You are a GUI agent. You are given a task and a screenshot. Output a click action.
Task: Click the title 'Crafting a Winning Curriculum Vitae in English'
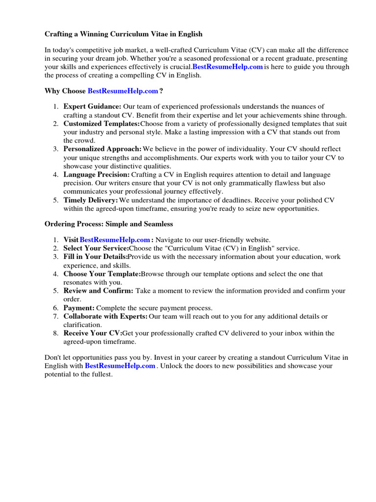123,34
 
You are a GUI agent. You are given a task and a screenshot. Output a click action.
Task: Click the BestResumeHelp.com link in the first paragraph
228,67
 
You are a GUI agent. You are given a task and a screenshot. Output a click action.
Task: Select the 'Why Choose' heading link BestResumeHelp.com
123,91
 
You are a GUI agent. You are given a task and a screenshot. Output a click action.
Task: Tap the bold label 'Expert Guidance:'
93,106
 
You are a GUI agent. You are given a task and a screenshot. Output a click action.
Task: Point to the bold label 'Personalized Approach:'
103,149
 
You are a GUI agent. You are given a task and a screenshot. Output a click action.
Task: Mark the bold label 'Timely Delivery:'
91,200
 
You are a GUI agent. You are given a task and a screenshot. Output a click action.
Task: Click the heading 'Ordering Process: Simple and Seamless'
109,224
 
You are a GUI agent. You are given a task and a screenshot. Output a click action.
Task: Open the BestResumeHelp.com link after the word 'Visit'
115,240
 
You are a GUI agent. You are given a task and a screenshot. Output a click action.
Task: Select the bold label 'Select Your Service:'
96,248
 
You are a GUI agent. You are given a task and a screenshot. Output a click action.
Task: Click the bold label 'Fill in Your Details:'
96,257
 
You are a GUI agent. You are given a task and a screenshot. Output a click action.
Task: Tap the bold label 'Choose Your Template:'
102,274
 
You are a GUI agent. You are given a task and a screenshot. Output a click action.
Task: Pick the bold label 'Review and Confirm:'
98,291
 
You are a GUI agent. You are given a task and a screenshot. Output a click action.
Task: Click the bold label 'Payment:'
79,308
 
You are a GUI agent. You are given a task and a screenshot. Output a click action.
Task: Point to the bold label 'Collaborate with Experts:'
106,316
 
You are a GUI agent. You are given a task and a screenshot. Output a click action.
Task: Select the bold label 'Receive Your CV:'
93,333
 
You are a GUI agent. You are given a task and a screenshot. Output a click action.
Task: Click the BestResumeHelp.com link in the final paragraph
120,366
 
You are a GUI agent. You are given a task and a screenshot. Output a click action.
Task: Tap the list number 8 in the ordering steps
56,333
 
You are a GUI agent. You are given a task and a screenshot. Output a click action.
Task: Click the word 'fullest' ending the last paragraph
100,375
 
